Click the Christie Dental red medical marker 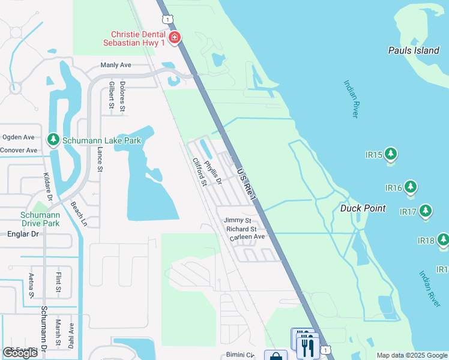[175, 38]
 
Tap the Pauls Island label [414, 50]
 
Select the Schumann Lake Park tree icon [53, 140]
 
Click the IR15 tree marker [391, 154]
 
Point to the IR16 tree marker [411, 187]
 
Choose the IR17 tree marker [426, 211]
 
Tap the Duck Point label [363, 208]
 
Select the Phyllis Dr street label [212, 172]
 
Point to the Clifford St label [199, 172]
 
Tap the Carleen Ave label [247, 237]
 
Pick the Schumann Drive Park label [40, 219]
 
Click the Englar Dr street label [22, 234]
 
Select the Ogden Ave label [18, 137]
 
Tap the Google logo [20, 353]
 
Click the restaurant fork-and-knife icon [307, 347]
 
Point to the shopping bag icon [276, 356]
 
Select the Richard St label [241, 229]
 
